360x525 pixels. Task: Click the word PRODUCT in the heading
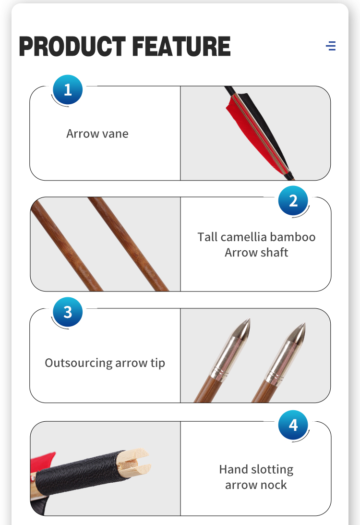(x=72, y=46)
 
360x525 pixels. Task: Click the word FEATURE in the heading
(x=181, y=46)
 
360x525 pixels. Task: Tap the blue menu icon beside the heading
(x=331, y=46)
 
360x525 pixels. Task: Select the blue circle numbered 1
(x=68, y=90)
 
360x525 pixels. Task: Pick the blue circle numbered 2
(x=293, y=201)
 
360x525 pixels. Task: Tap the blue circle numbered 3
(x=68, y=312)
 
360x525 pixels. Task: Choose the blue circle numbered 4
(x=293, y=425)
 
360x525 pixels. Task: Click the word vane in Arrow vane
(x=115, y=134)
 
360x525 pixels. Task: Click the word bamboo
(x=293, y=237)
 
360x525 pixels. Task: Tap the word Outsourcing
(x=79, y=363)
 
